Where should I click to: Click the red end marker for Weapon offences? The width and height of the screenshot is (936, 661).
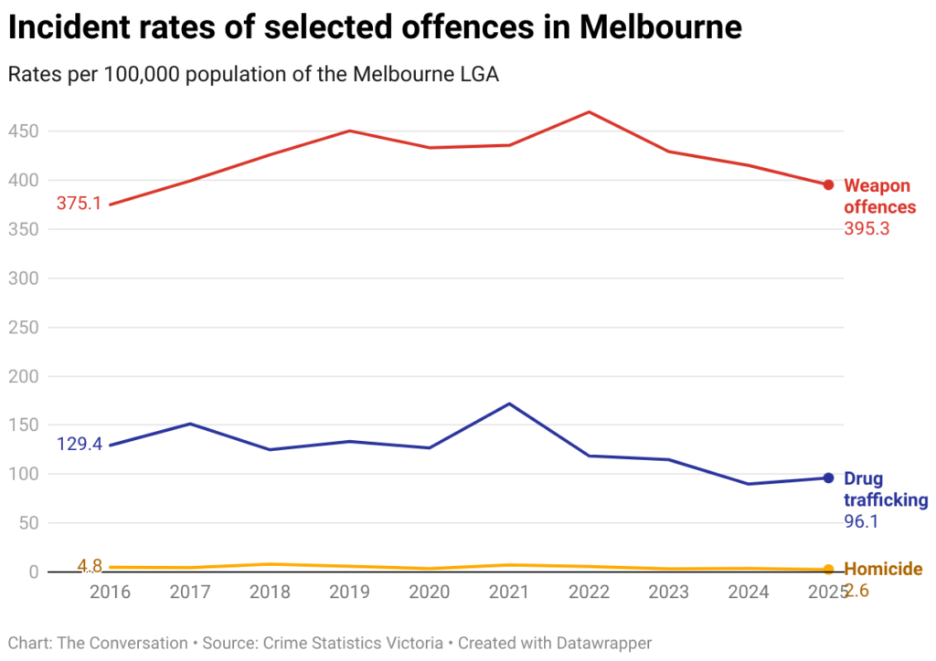pyautogui.click(x=828, y=184)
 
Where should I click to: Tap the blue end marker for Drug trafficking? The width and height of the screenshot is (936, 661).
pyautogui.click(x=828, y=477)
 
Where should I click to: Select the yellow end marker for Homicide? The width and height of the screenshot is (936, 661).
pyautogui.click(x=828, y=570)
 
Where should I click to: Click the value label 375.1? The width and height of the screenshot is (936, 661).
pyautogui.click(x=79, y=204)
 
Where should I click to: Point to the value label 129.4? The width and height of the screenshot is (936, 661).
pyautogui.click(x=79, y=445)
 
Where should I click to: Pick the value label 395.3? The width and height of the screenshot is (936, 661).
pyautogui.click(x=867, y=228)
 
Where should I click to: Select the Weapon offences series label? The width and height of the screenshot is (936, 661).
pyautogui.click(x=878, y=196)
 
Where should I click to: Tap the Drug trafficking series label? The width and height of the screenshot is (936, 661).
pyautogui.click(x=885, y=489)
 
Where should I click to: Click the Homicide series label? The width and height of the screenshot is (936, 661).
pyautogui.click(x=882, y=569)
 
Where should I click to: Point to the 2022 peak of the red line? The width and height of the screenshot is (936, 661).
pyautogui.click(x=590, y=112)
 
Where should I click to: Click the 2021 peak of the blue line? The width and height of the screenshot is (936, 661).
pyautogui.click(x=509, y=404)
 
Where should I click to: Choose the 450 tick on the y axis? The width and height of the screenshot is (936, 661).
pyautogui.click(x=24, y=131)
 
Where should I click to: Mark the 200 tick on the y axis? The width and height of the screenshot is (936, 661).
pyautogui.click(x=24, y=376)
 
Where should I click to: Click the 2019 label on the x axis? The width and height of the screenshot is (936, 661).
pyautogui.click(x=349, y=592)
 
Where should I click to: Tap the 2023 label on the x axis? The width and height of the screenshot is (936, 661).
pyautogui.click(x=669, y=592)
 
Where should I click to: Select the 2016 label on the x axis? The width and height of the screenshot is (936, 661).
pyautogui.click(x=110, y=592)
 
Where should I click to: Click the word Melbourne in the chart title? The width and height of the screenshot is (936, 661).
pyautogui.click(x=660, y=28)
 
